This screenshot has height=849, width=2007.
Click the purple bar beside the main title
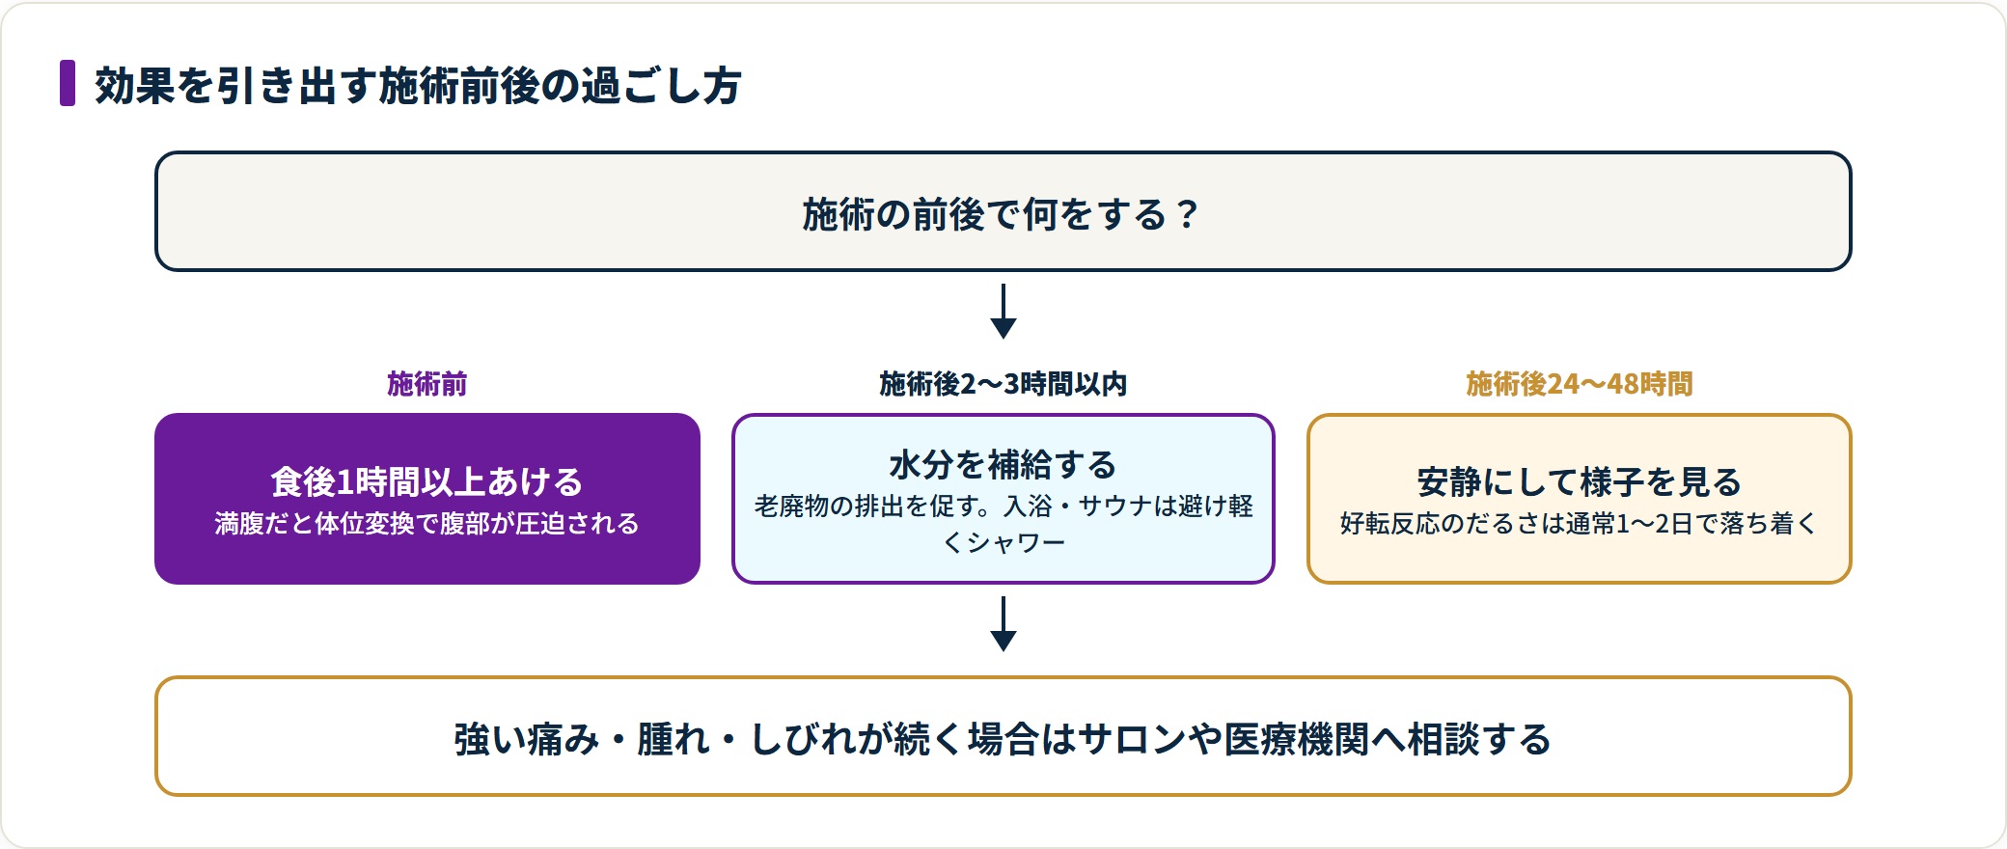(68, 83)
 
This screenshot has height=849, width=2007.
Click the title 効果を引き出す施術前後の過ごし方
(418, 85)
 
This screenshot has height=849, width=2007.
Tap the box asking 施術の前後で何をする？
(1003, 211)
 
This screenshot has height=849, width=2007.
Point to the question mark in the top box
(1187, 214)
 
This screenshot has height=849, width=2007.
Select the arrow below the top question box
(1003, 311)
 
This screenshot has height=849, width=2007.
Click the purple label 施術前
(426, 384)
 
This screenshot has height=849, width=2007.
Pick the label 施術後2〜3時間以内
(1003, 384)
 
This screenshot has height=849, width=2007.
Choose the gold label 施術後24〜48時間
(1580, 384)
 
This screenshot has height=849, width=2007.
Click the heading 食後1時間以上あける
(426, 481)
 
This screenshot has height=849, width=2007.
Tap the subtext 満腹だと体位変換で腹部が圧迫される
(426, 524)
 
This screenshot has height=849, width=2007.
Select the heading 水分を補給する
(1003, 465)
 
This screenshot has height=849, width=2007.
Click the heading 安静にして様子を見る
(1580, 481)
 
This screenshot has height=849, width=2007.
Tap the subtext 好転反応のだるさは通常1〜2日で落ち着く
(1580, 524)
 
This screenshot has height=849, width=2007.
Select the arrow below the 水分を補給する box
(1003, 623)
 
